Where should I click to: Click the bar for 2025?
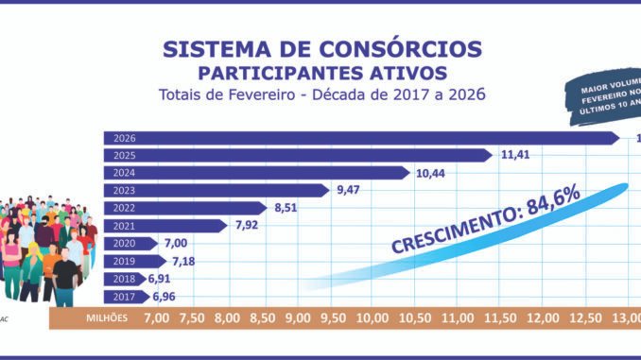(x=298, y=155)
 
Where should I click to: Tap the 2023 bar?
(x=217, y=190)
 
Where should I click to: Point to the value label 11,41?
(x=515, y=155)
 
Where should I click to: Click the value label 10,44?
(x=434, y=173)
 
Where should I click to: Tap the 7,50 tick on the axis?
(x=193, y=318)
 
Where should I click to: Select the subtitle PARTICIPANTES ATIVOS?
(x=320, y=72)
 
